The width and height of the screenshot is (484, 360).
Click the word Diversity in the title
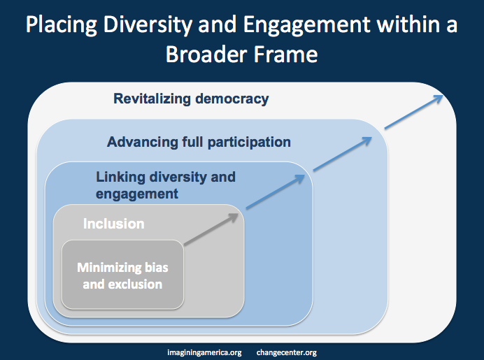coord(148,25)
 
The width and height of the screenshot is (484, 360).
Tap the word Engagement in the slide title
coord(306,25)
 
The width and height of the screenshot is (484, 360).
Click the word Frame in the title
coord(285,55)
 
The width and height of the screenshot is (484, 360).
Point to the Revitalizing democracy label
coord(191,99)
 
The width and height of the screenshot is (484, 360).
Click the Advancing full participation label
coord(199,142)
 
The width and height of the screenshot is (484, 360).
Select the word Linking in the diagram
coord(120,178)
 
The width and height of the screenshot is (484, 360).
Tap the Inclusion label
coord(113,224)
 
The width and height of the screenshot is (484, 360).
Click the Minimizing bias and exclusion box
coord(122,275)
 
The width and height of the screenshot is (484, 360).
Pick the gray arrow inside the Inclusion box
coord(211,229)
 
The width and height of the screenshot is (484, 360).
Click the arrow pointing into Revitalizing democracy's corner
coord(413,112)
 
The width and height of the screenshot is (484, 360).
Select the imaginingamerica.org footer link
coord(204,352)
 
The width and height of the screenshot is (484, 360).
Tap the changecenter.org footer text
coord(287,352)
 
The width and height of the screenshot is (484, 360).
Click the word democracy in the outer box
coord(232,99)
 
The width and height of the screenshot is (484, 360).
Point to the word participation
coord(249,143)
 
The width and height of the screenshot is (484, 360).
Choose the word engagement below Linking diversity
coord(137,194)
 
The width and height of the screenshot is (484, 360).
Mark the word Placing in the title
coord(61,25)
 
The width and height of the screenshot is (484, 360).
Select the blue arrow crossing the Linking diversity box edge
coord(276,192)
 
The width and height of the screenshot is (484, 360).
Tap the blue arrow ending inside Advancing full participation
coord(343,154)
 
